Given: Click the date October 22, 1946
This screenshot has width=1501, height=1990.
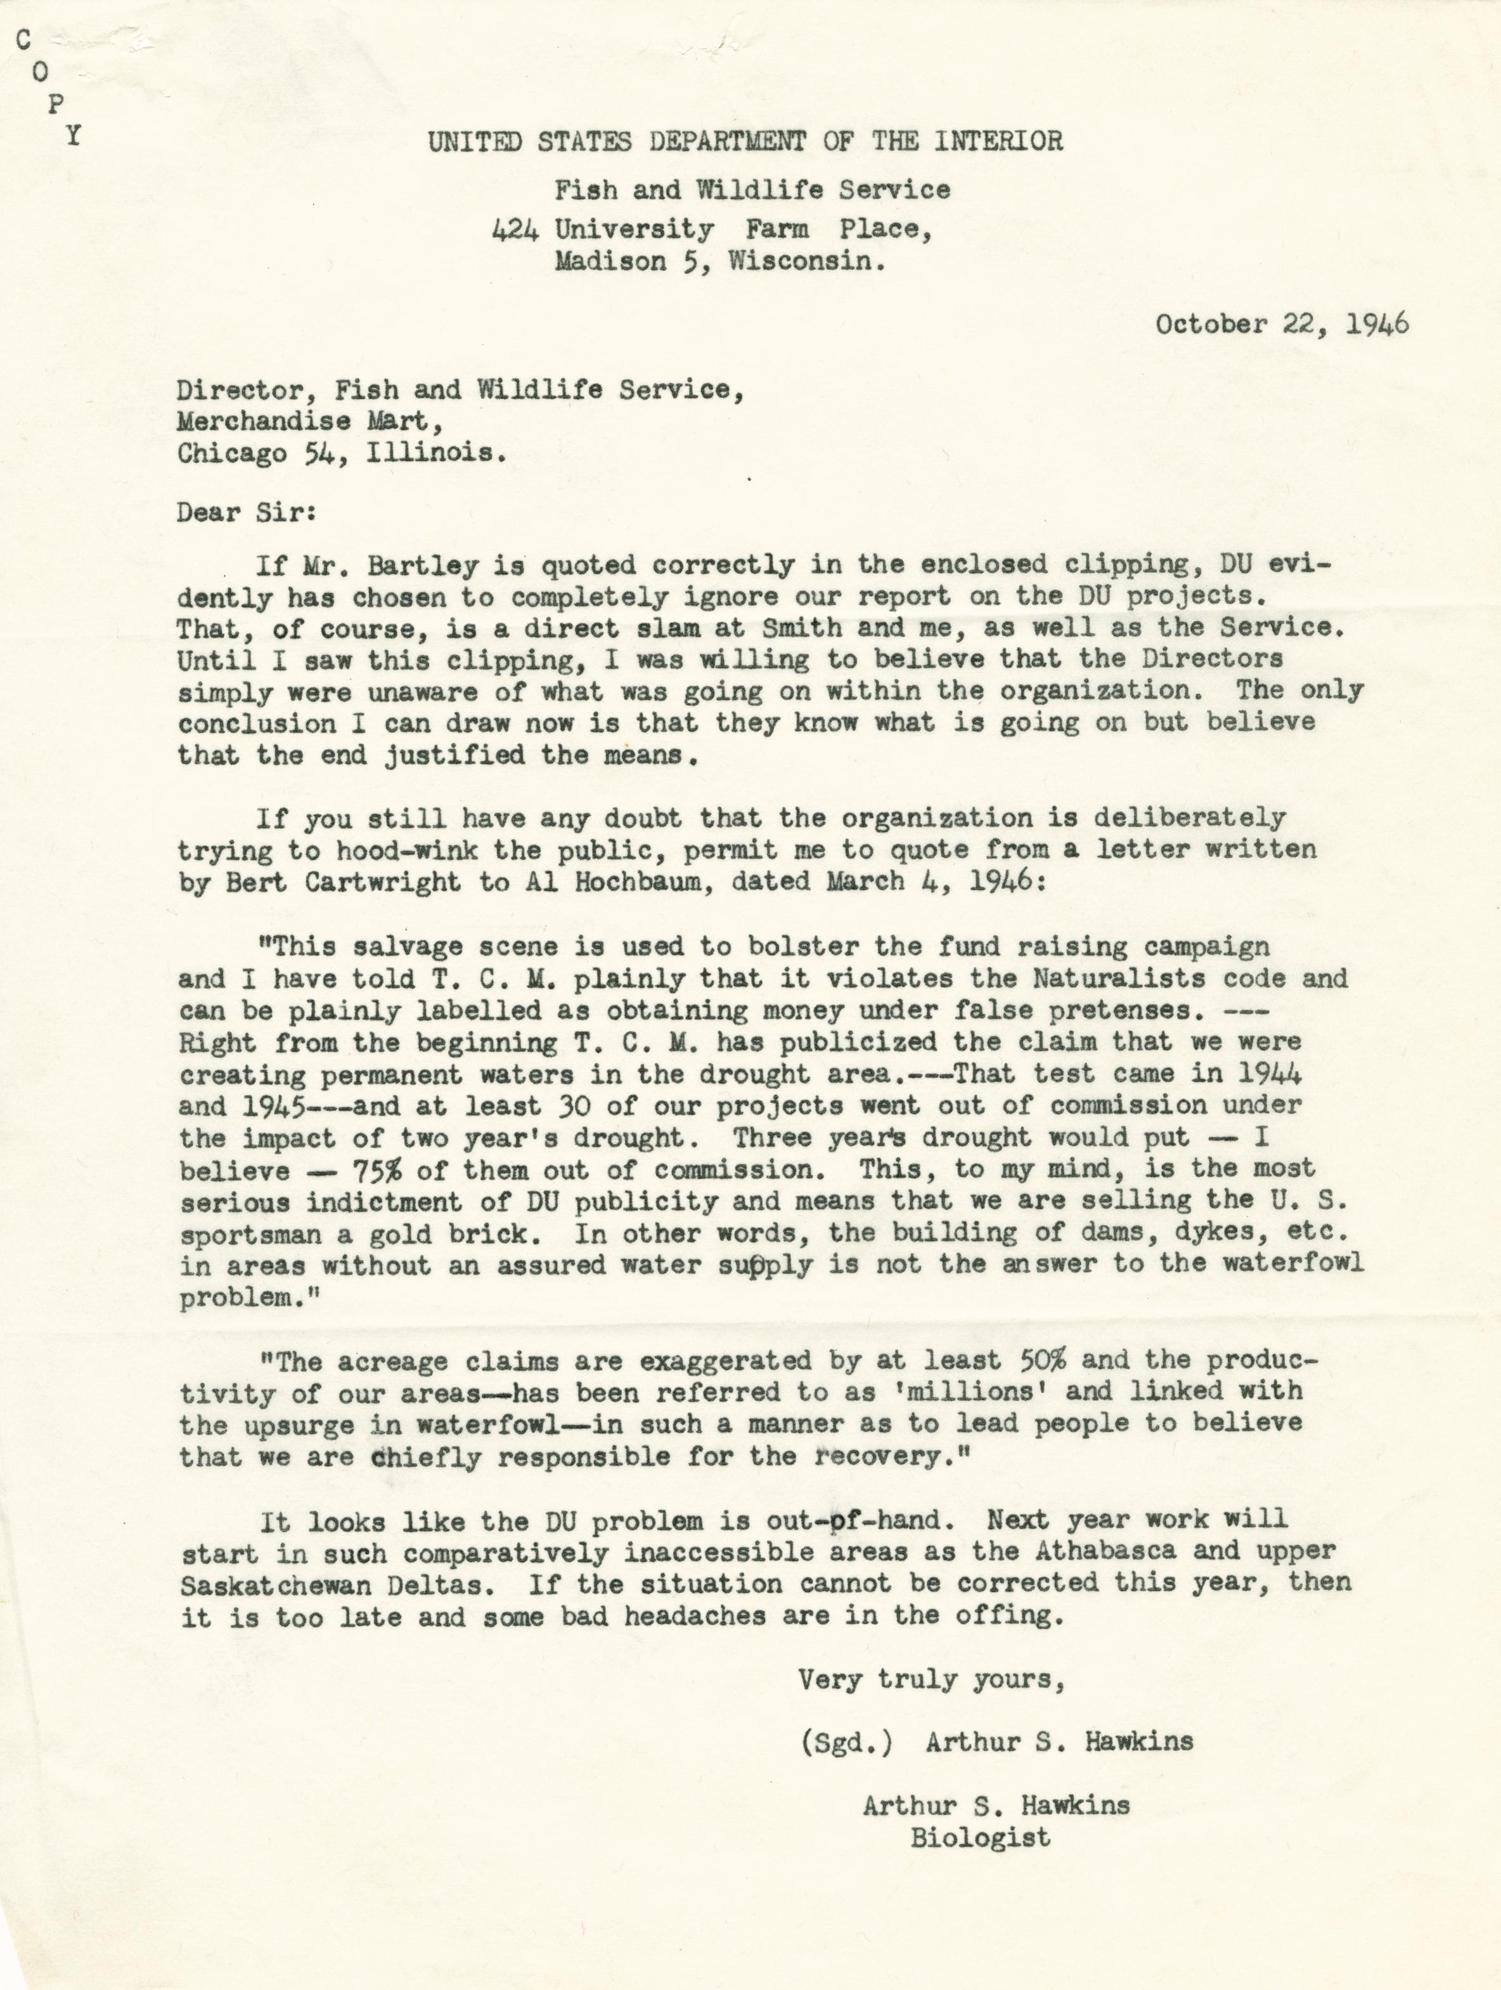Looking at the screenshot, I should (1282, 325).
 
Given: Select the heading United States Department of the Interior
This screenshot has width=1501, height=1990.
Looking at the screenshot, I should (745, 142).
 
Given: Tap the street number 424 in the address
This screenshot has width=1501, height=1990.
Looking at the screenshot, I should (515, 230).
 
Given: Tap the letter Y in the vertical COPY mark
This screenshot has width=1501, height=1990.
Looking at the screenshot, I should (74, 135).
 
